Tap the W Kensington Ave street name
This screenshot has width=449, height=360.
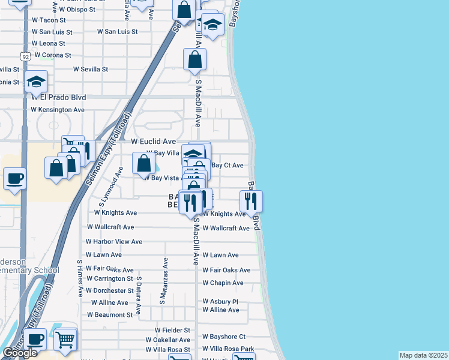pyautogui.click(x=58, y=110)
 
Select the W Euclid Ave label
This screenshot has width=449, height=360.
pyautogui.click(x=153, y=142)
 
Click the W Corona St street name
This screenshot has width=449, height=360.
pyautogui.click(x=53, y=55)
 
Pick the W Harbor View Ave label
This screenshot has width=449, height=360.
pyautogui.click(x=114, y=242)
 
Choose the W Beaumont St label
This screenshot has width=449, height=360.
pyautogui.click(x=111, y=314)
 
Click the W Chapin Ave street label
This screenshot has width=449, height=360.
pyautogui.click(x=223, y=283)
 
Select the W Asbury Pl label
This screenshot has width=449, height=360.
pyautogui.click(x=220, y=301)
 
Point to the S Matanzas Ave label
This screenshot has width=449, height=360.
pyautogui.click(x=162, y=281)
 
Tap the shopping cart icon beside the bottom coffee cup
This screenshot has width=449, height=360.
pyautogui.click(x=65, y=340)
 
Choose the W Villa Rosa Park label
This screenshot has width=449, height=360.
pyautogui.click(x=229, y=349)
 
